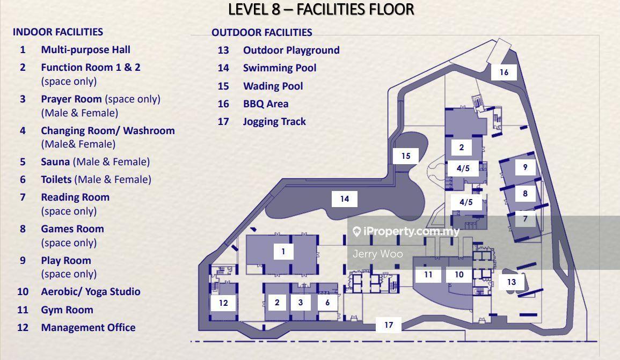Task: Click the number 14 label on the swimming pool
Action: pyautogui.click(x=345, y=199)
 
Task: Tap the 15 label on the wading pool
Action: pyautogui.click(x=406, y=156)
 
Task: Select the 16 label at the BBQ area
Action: pyautogui.click(x=504, y=72)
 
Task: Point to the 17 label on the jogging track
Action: pyautogui.click(x=389, y=325)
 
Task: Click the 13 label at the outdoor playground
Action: pyautogui.click(x=511, y=282)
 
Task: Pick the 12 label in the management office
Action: pyautogui.click(x=223, y=303)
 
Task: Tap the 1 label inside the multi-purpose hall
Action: pyautogui.click(x=283, y=251)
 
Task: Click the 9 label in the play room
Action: pyautogui.click(x=525, y=167)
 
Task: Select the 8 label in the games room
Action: pyautogui.click(x=525, y=193)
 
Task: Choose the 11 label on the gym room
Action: pyautogui.click(x=428, y=274)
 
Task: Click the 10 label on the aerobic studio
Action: pyautogui.click(x=458, y=274)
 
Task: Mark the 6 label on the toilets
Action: pyautogui.click(x=327, y=302)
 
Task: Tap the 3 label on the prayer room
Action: pyautogui.click(x=301, y=302)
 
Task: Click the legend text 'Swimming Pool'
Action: pyautogui.click(x=280, y=68)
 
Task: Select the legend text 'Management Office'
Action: pyautogui.click(x=88, y=328)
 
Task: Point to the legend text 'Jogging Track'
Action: pyautogui.click(x=274, y=122)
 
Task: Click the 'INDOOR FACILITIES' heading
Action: pyautogui.click(x=58, y=32)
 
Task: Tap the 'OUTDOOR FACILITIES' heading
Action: pyautogui.click(x=262, y=32)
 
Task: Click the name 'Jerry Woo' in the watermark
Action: pyautogui.click(x=377, y=254)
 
